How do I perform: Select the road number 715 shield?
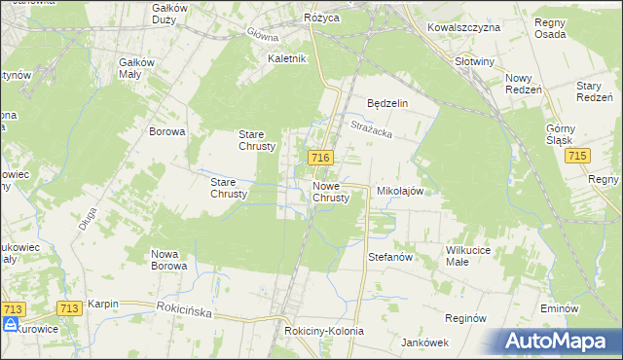pos(579,157)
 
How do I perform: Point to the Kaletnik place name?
pos(287,58)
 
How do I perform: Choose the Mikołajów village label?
pos(399,192)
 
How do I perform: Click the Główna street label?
pos(262,35)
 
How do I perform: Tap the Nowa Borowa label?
pos(169,260)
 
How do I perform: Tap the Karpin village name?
pos(102,305)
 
